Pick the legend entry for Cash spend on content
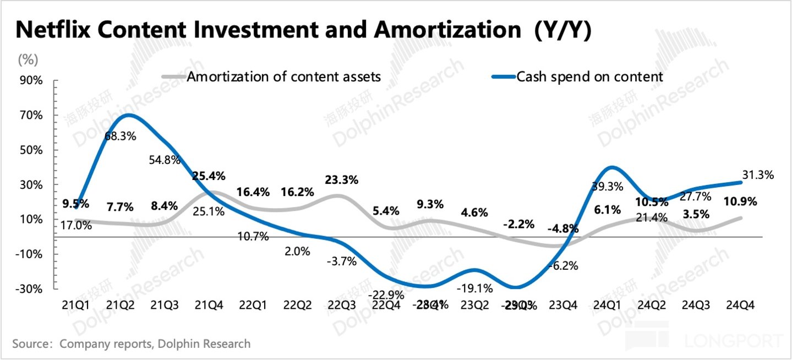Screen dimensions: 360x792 [x=589, y=77]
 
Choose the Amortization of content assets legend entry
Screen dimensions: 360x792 [x=284, y=77]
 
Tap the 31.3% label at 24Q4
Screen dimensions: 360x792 [x=757, y=176]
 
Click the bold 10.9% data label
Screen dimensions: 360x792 [x=739, y=201]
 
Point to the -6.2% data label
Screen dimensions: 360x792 [x=563, y=266]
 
